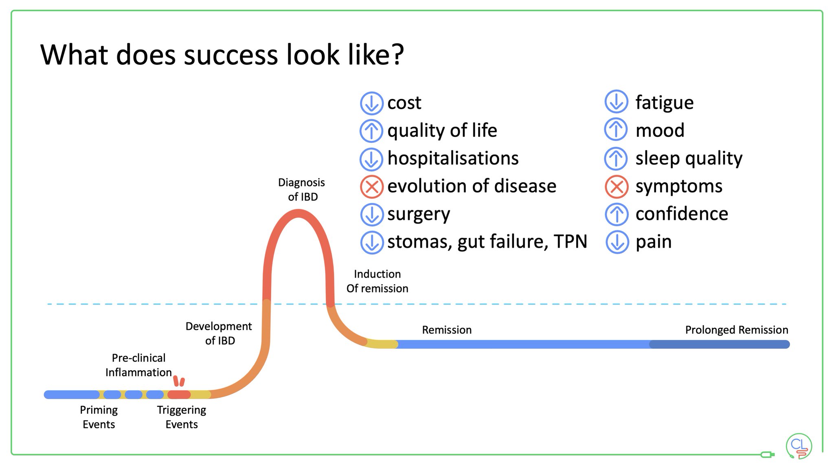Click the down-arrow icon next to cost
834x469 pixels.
click(x=371, y=103)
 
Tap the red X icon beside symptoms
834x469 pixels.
click(x=617, y=187)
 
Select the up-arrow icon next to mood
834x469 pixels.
click(x=616, y=130)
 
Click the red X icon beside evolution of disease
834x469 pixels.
click(x=371, y=187)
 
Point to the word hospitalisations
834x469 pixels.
click(x=453, y=158)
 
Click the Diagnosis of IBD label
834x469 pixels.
click(x=302, y=190)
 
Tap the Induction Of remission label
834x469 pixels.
click(x=377, y=281)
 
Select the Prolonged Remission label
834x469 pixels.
click(x=736, y=330)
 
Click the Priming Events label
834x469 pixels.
click(x=99, y=417)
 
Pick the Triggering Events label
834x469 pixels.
click(x=182, y=417)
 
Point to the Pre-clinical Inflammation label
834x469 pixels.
click(x=138, y=365)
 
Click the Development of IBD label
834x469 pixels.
click(x=219, y=333)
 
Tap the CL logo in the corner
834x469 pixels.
click(x=799, y=446)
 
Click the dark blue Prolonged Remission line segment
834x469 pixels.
click(x=719, y=344)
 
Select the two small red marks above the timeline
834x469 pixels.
click(x=179, y=381)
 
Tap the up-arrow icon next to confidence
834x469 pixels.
click(x=617, y=214)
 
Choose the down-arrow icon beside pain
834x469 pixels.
click(x=617, y=242)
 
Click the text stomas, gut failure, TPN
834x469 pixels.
click(x=487, y=242)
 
